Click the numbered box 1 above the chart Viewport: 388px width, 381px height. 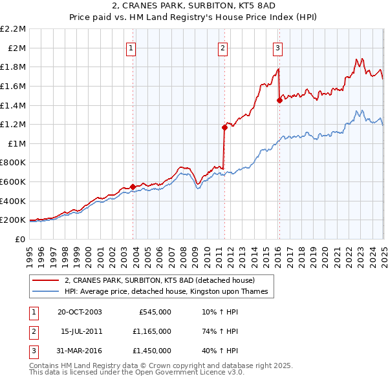(131, 47)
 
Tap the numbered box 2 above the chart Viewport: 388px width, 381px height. (222, 47)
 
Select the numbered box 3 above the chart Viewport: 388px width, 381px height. (277, 47)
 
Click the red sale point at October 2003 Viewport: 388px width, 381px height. (133, 187)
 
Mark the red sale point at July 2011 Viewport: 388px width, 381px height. (224, 127)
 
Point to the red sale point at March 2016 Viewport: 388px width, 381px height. (279, 100)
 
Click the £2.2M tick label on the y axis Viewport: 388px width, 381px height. (13, 29)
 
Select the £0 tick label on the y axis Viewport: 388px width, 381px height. (21, 239)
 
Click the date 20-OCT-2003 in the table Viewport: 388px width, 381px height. (80, 312)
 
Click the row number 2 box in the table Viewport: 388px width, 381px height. (33, 331)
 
